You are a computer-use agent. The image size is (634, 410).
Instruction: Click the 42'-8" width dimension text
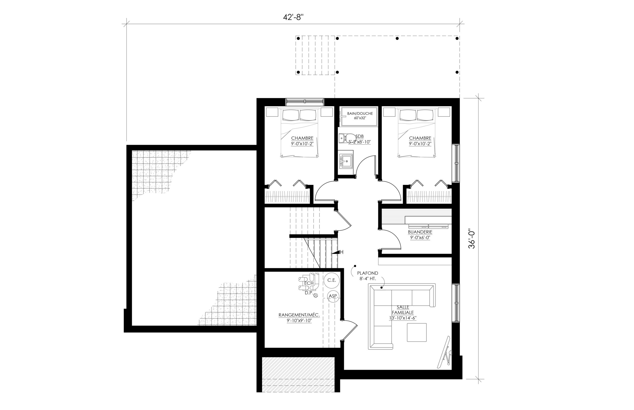(293, 17)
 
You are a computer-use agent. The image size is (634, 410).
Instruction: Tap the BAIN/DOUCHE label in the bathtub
(360, 113)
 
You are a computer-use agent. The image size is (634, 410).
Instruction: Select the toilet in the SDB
(346, 139)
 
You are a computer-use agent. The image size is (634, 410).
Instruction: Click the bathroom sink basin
(346, 161)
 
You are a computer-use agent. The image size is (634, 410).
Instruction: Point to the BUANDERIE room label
(420, 232)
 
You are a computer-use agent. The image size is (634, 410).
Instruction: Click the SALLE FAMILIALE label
(402, 310)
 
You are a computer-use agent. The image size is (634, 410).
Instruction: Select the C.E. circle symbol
(332, 280)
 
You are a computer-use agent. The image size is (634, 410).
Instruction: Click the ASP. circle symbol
(333, 296)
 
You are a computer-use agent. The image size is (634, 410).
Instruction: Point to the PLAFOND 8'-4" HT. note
(368, 276)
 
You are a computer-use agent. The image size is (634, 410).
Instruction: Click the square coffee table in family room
(417, 333)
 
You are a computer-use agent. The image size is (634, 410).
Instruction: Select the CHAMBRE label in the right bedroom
(420, 138)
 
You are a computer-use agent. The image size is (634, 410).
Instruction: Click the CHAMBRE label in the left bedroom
(302, 138)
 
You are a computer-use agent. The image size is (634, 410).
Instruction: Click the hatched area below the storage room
(298, 374)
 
